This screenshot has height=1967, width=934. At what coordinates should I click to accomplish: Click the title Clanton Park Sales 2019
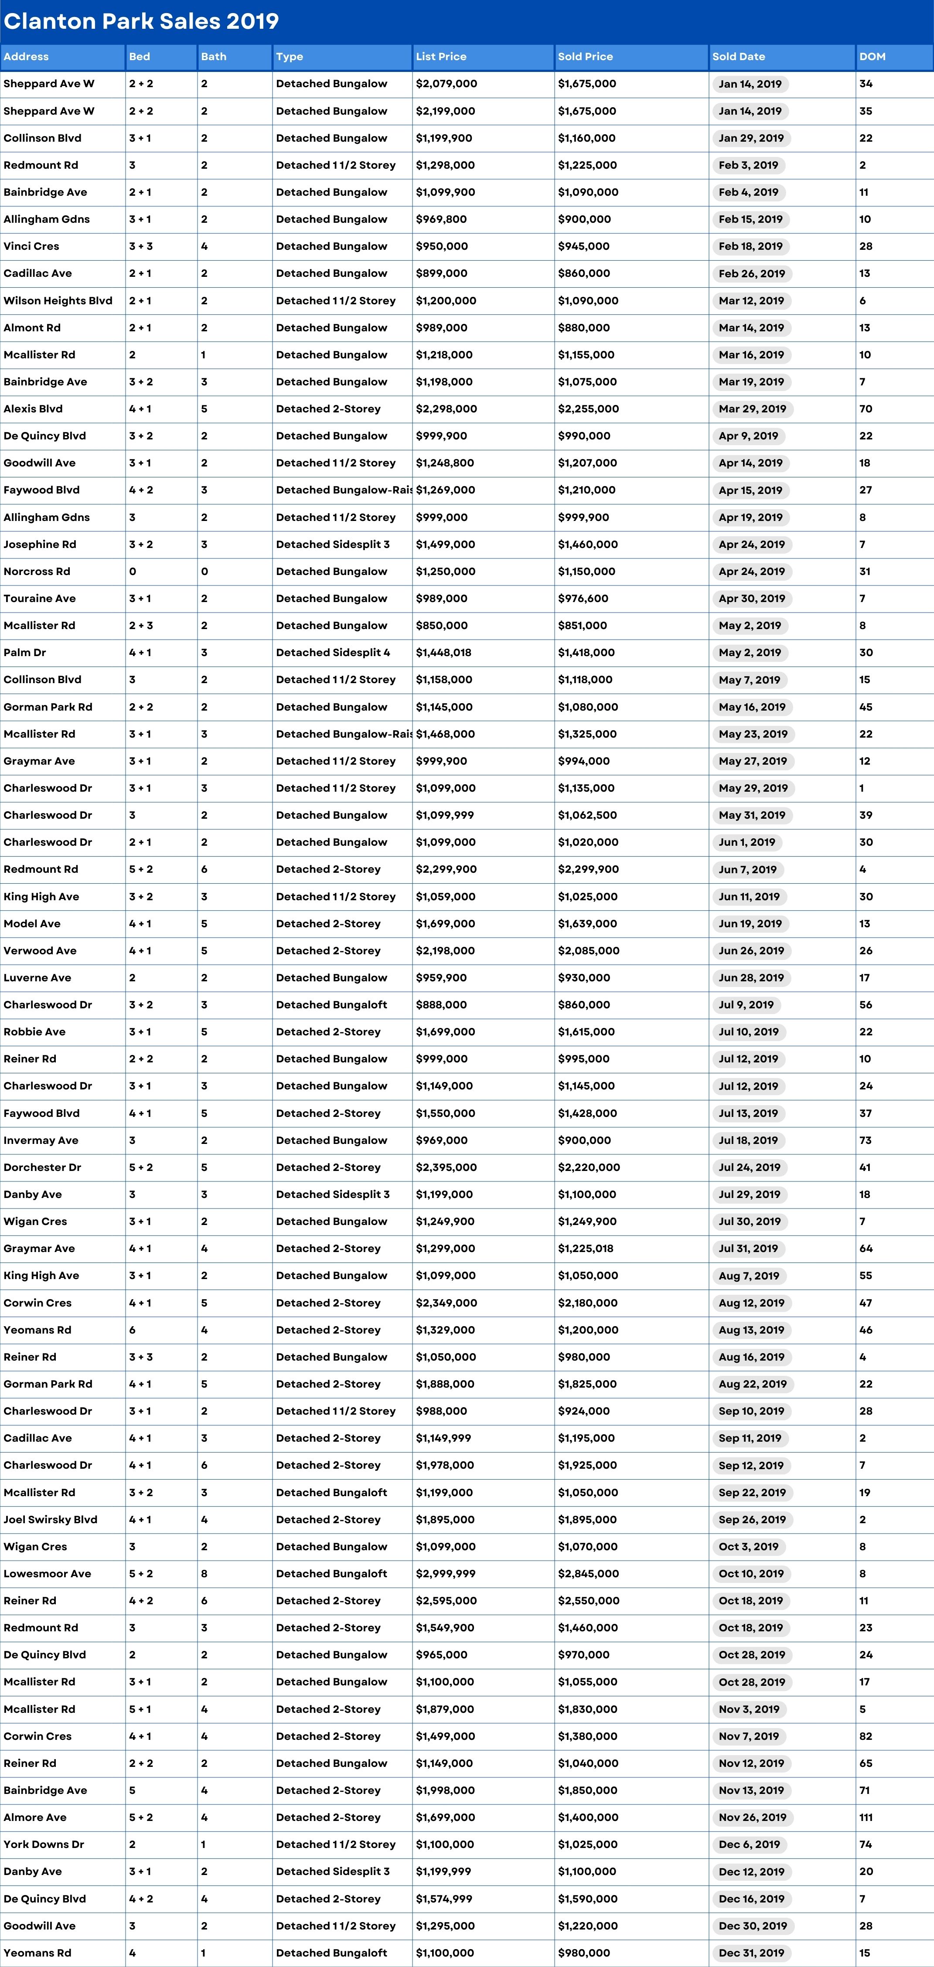click(x=141, y=21)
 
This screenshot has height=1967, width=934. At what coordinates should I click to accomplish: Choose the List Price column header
click(x=441, y=57)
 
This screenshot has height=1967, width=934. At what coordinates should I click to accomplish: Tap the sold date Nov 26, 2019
click(x=752, y=1817)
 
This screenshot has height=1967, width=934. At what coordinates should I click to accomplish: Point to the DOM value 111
click(x=866, y=1817)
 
